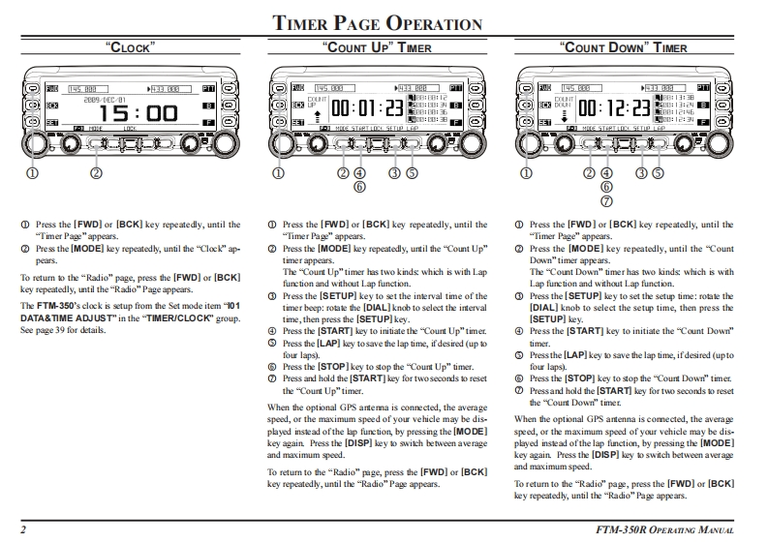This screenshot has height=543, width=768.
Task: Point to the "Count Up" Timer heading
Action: pyautogui.click(x=376, y=46)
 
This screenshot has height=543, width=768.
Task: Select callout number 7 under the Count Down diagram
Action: pyautogui.click(x=607, y=201)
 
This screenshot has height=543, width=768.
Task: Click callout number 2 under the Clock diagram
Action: pyautogui.click(x=96, y=174)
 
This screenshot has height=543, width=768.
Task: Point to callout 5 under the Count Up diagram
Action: pyautogui.click(x=411, y=174)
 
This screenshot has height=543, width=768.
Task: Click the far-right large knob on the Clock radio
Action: pyautogui.click(x=227, y=144)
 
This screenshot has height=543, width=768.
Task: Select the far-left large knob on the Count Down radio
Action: pyautogui.click(x=529, y=143)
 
